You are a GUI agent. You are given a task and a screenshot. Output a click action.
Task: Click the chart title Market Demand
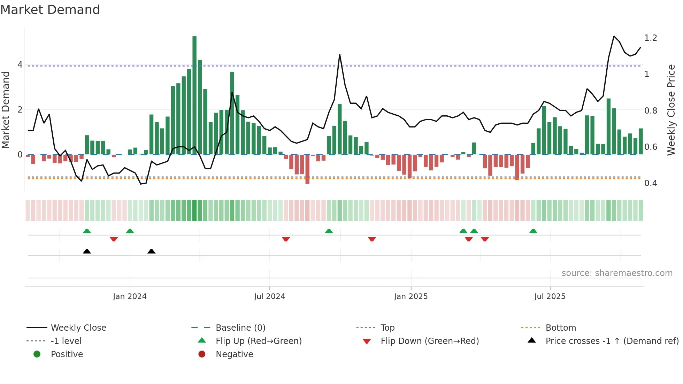coord(50,10)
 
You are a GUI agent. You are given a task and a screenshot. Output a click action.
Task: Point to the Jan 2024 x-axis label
coord(130,297)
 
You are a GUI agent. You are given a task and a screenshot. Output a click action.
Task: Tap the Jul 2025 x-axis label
coord(550,297)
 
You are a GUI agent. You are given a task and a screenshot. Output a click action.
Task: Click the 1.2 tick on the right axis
coord(650,38)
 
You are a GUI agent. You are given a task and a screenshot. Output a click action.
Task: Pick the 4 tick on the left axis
coord(20,65)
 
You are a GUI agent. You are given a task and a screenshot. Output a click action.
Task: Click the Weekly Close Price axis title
coord(671,109)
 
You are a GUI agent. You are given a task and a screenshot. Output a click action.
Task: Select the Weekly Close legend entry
coord(78,328)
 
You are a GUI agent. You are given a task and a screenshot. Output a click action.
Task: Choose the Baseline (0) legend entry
coord(240,328)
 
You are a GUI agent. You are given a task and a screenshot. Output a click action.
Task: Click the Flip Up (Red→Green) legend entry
coord(258,341)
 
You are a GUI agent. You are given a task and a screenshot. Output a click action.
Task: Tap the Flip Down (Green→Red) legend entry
coord(429,341)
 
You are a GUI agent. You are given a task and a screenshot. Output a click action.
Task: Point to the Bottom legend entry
coord(560,328)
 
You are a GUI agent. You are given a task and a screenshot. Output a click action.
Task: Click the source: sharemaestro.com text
coord(617,273)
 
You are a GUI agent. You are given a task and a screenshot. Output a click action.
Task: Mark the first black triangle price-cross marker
coord(87,252)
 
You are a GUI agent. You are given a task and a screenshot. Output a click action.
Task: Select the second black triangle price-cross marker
coord(151,252)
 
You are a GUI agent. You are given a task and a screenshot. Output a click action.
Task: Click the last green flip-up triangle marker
coord(533,231)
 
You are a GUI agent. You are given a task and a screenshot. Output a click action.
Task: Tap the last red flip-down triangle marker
coord(485,239)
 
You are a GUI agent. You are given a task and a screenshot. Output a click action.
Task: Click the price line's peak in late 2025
coord(614,36)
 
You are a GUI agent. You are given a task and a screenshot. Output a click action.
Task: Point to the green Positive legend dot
coord(37,354)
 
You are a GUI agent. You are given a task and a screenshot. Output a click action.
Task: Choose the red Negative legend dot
coord(202,354)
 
